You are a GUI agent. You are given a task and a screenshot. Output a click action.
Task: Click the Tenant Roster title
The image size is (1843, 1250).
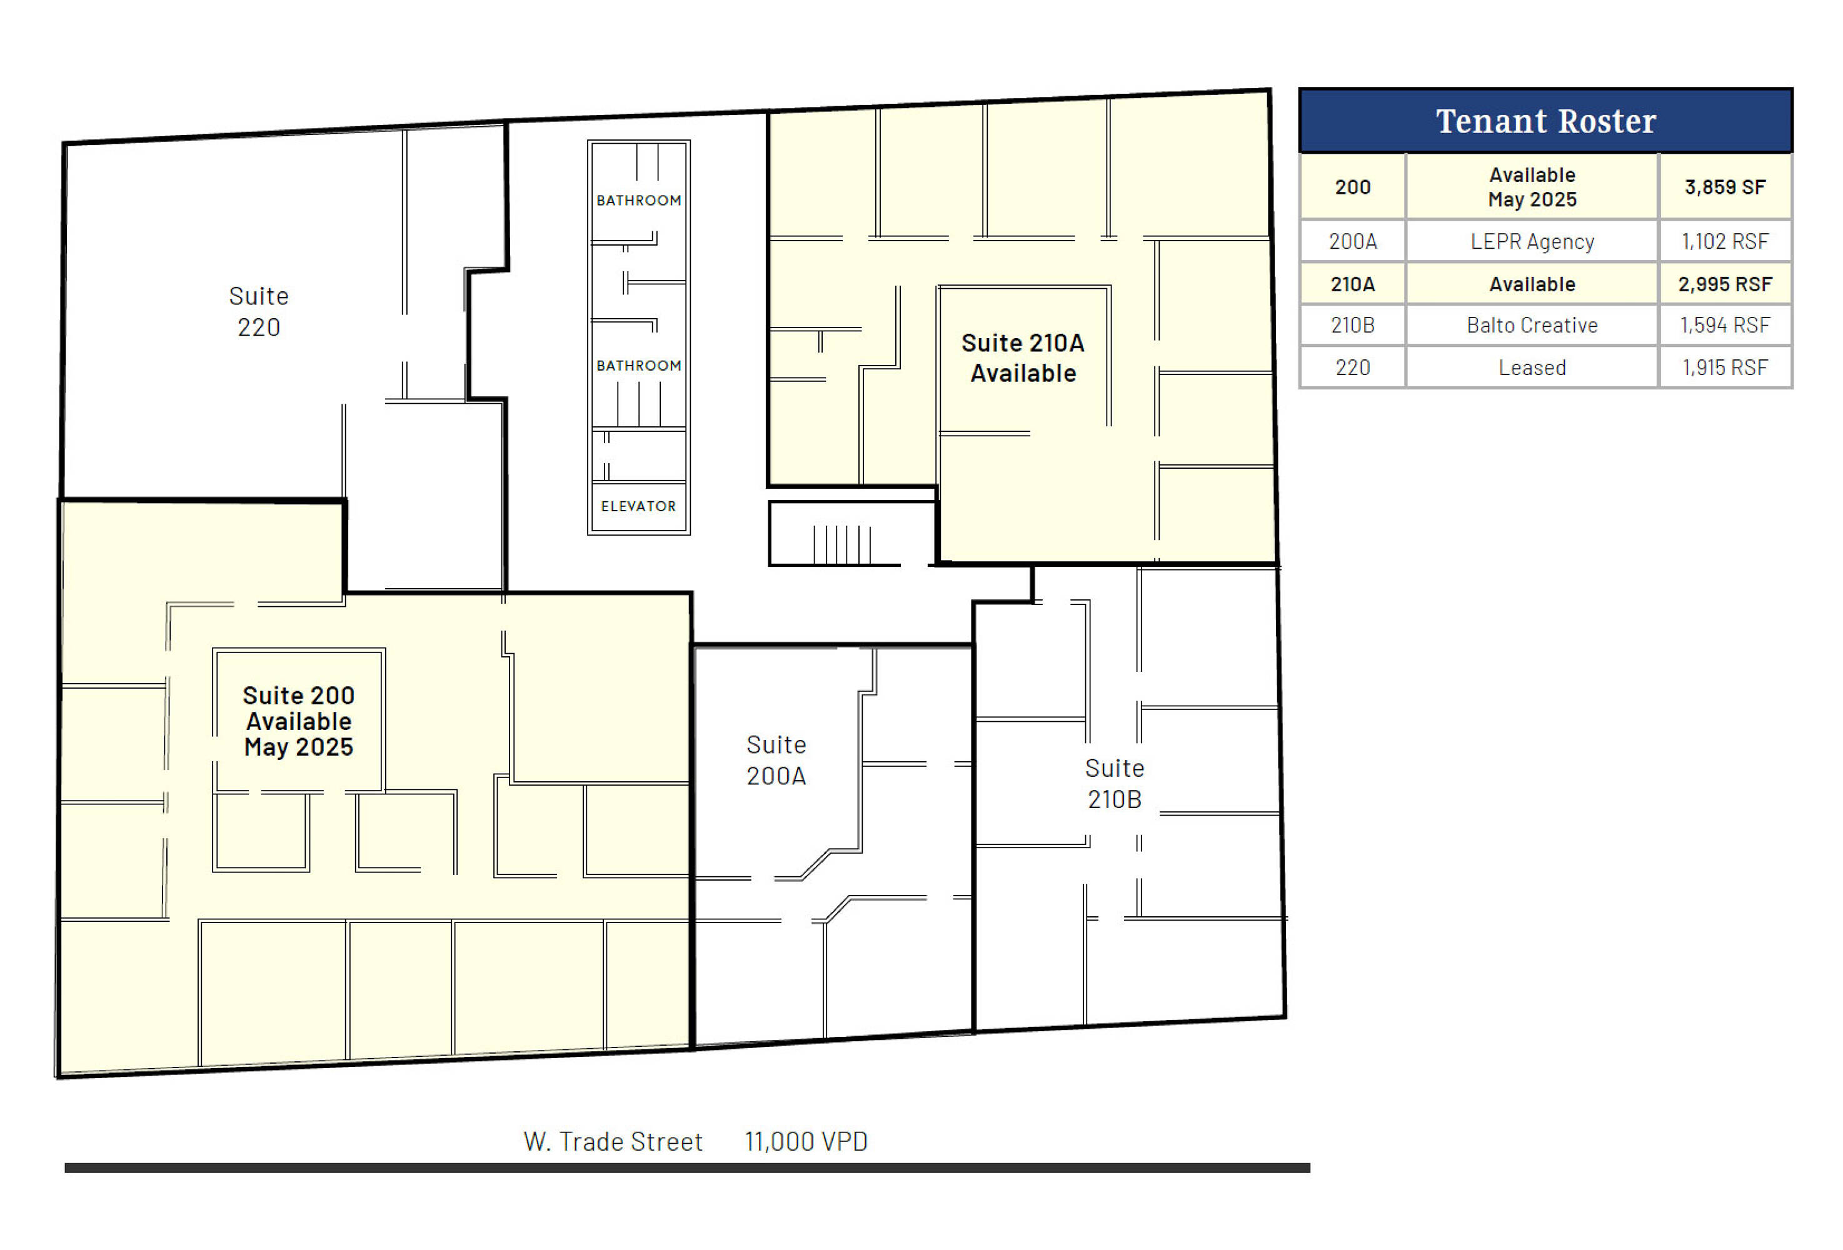(x=1545, y=121)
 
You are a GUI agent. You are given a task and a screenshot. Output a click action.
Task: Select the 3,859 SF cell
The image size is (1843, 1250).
(x=1725, y=187)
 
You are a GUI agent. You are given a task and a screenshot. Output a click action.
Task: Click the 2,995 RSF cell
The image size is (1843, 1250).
(x=1725, y=284)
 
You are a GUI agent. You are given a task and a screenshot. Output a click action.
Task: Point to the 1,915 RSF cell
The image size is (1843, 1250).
(x=1725, y=367)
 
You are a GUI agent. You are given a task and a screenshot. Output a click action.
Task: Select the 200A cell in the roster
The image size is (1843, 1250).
(x=1353, y=241)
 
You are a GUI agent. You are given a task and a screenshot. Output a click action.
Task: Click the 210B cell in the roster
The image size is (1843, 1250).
(x=1353, y=325)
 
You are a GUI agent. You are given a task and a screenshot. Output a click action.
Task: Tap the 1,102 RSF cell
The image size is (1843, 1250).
(x=1725, y=241)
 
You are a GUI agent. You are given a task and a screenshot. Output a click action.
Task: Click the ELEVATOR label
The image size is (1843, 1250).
(x=638, y=506)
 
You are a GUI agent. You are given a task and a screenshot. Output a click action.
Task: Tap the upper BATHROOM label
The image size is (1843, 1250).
(x=638, y=201)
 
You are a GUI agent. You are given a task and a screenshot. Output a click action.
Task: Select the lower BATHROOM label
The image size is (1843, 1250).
(x=638, y=366)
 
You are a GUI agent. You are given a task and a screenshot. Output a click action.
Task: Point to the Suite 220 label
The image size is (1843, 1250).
(x=259, y=311)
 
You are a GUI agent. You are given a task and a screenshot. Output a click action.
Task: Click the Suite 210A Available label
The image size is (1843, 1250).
(x=1023, y=358)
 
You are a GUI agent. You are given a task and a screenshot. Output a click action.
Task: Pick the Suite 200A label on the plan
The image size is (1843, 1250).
(x=776, y=760)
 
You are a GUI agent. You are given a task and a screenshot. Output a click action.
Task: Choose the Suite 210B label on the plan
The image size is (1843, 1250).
(x=1114, y=784)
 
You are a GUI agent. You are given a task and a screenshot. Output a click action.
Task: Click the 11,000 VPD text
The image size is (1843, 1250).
(x=806, y=1141)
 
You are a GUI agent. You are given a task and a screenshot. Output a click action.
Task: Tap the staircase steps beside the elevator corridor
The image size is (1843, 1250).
(x=841, y=544)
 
